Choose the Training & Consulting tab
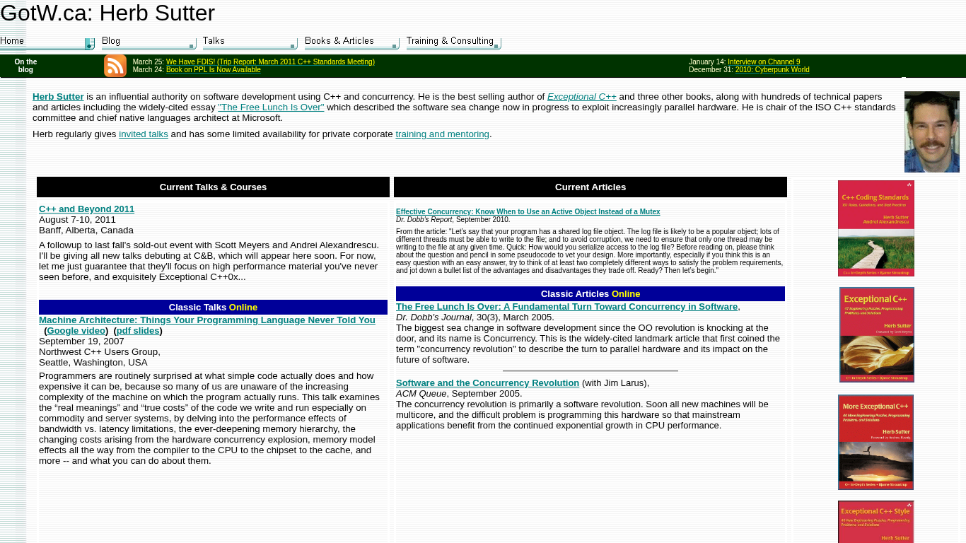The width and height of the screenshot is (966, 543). pyautogui.click(x=453, y=42)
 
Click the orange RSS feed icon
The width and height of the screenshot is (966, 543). pyautogui.click(x=115, y=66)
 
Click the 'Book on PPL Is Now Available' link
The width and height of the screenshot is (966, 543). pyautogui.click(x=213, y=70)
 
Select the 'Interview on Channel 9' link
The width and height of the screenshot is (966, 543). pyautogui.click(x=764, y=62)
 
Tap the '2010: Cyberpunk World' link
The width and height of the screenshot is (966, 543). pyautogui.click(x=772, y=70)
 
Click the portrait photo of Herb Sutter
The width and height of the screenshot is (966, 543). pyautogui.click(x=931, y=132)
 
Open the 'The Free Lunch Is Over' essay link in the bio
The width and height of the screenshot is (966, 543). pyautogui.click(x=271, y=107)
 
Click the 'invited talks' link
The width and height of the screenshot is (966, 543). pyautogui.click(x=144, y=134)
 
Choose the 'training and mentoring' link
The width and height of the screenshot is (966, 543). pyautogui.click(x=442, y=134)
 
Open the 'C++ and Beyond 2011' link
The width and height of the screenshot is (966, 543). pyautogui.click(x=86, y=209)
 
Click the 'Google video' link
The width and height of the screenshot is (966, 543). pyautogui.click(x=76, y=331)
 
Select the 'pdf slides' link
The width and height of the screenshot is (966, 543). pyautogui.click(x=138, y=331)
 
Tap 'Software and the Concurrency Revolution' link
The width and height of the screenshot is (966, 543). pyautogui.click(x=487, y=383)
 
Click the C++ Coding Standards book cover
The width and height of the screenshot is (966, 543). pyautogui.click(x=875, y=228)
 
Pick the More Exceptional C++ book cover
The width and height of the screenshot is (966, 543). pyautogui.click(x=875, y=442)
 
